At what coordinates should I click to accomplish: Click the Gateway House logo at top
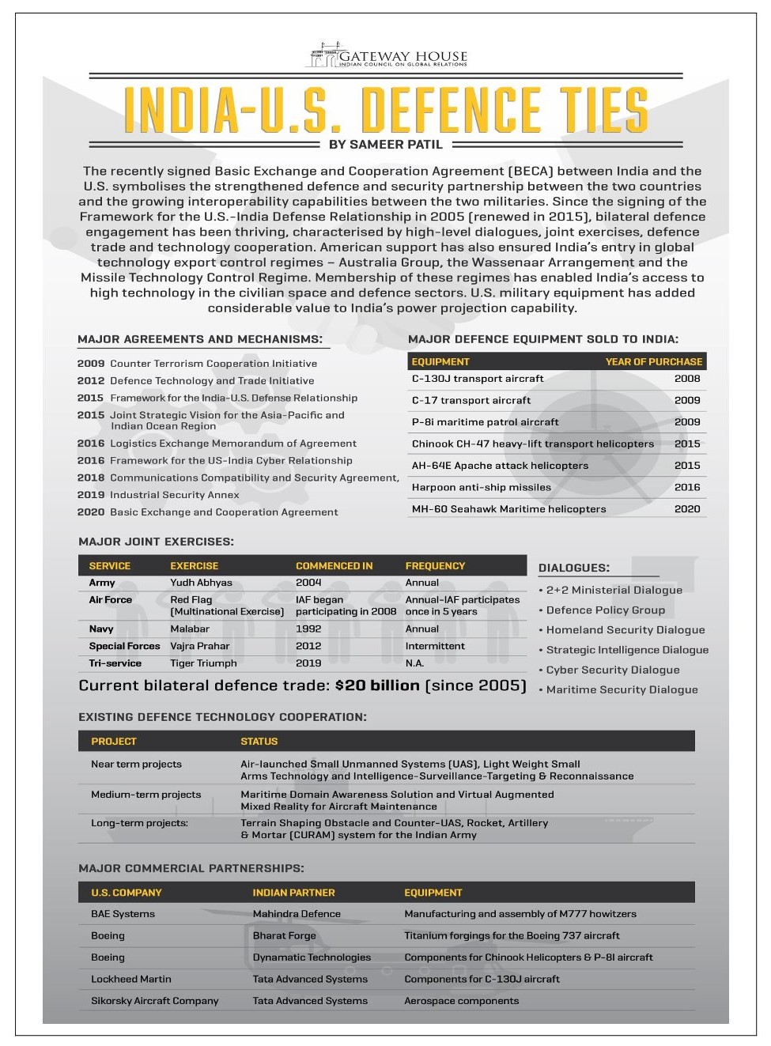[x=387, y=57]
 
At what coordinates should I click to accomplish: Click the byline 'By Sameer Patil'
[x=386, y=145]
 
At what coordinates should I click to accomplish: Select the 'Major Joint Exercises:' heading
[x=156, y=542]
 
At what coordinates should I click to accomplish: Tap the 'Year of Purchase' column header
[x=653, y=361]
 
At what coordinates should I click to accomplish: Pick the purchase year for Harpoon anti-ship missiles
[x=686, y=487]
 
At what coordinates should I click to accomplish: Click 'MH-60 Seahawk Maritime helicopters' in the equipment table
[x=508, y=509]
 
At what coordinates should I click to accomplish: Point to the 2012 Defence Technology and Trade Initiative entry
[x=195, y=380]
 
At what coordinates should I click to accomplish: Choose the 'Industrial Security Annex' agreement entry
[x=174, y=495]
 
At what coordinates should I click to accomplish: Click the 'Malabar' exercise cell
[x=190, y=629]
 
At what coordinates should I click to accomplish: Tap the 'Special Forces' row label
[x=124, y=646]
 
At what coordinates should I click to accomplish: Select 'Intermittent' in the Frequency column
[x=435, y=646]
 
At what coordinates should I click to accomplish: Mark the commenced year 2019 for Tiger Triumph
[x=308, y=663]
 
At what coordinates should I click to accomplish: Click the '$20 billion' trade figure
[x=377, y=685]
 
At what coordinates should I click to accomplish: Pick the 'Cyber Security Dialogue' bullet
[x=612, y=670]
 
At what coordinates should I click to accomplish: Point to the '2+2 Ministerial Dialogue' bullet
[x=614, y=590]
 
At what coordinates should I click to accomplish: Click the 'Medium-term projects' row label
[x=146, y=795]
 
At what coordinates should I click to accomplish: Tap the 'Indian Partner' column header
[x=293, y=893]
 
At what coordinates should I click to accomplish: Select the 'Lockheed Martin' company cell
[x=130, y=979]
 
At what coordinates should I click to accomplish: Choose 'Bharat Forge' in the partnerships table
[x=284, y=935]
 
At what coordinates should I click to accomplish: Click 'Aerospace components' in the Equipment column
[x=461, y=1001]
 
